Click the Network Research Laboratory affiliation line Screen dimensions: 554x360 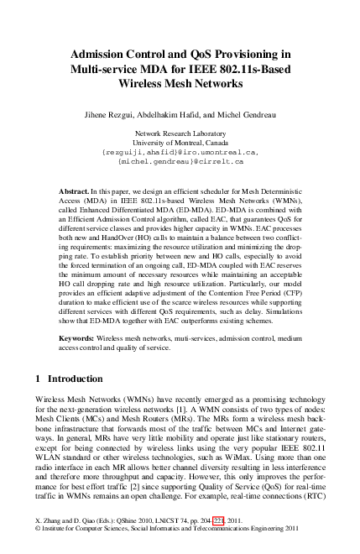click(180, 133)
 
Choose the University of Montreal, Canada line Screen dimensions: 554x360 click(180, 143)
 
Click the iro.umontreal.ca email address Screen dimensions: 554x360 click(180, 152)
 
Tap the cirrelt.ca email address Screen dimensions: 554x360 click(180, 161)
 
